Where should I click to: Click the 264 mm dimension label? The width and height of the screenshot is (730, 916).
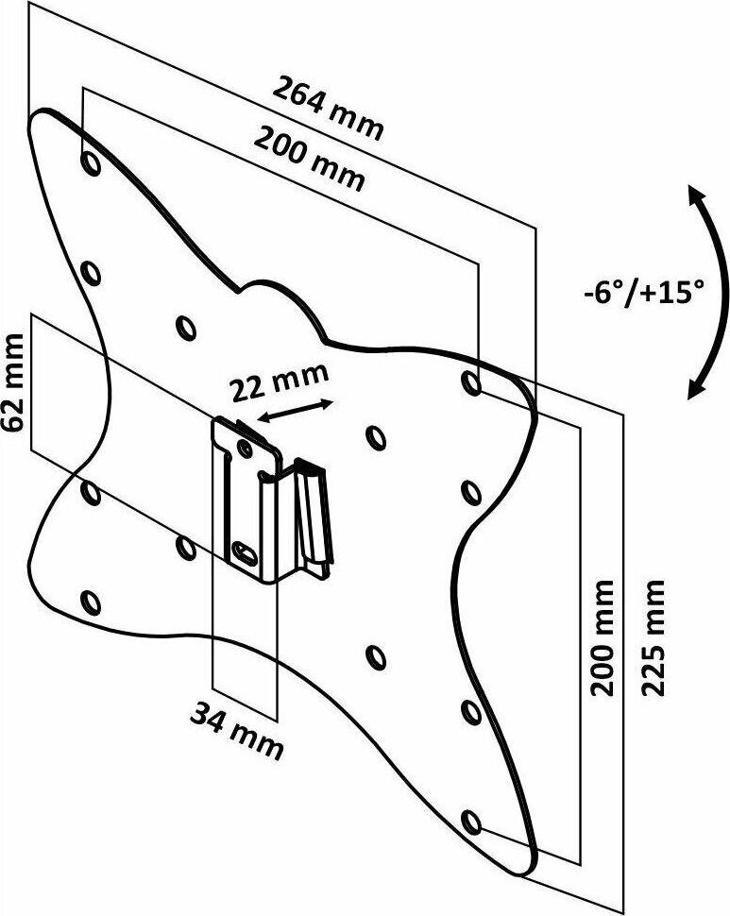[x=328, y=108]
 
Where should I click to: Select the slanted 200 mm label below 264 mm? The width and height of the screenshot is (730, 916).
[x=309, y=160]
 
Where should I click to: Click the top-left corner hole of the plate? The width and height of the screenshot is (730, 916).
[x=91, y=162]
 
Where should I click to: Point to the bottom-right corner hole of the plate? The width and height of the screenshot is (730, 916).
[x=471, y=818]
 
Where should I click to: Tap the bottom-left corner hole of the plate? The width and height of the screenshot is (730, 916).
[x=91, y=601]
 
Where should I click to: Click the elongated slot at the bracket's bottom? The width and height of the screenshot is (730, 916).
[x=243, y=551]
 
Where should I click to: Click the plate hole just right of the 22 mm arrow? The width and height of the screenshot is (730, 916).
[x=374, y=436]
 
